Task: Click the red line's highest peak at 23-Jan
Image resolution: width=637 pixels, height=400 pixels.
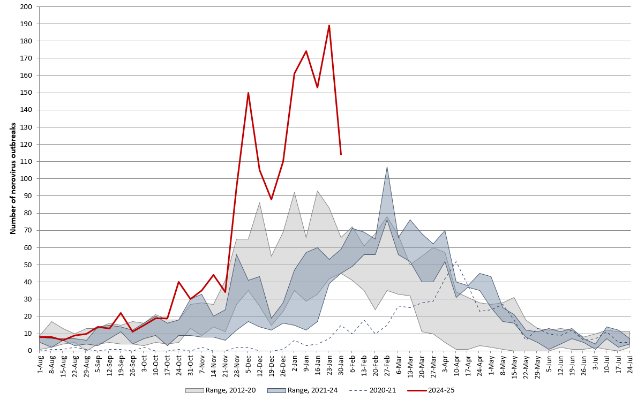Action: click(x=329, y=25)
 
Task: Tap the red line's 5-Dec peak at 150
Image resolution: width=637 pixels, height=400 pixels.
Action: click(x=248, y=93)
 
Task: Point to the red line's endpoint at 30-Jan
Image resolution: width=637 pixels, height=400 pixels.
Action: click(x=341, y=154)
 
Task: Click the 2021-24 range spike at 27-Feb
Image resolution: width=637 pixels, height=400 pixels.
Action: click(x=387, y=167)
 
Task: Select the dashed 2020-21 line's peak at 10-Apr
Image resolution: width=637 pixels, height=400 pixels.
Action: click(x=456, y=261)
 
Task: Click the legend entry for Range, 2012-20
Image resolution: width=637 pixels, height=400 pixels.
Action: click(x=221, y=390)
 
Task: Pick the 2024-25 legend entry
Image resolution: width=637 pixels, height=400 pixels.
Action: click(x=433, y=390)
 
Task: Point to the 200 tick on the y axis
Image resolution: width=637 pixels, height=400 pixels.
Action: click(x=26, y=7)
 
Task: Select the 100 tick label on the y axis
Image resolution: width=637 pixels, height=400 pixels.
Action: click(x=26, y=179)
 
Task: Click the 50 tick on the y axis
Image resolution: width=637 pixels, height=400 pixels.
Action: click(x=28, y=265)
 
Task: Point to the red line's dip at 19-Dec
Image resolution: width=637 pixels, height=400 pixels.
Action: click(x=271, y=199)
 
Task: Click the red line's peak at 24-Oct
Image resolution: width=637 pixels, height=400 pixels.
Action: click(x=179, y=282)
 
